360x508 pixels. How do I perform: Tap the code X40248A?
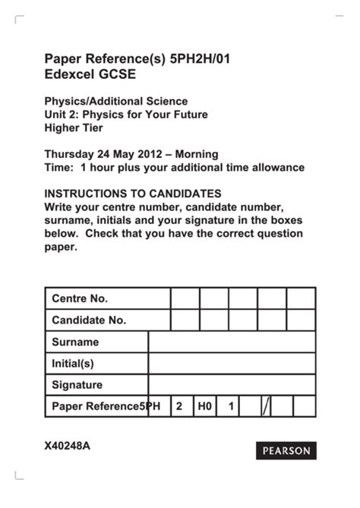[x=68, y=446]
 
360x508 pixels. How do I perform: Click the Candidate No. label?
[x=89, y=320]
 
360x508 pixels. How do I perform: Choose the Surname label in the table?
[x=75, y=342]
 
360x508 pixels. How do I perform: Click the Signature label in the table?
[x=77, y=385]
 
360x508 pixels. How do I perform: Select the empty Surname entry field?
[x=231, y=342]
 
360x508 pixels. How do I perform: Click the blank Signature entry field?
[x=231, y=385]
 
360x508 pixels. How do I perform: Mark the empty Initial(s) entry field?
[x=231, y=364]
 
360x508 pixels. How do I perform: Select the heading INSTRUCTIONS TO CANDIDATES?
[x=133, y=194]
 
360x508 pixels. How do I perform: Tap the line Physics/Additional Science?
[x=115, y=101]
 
